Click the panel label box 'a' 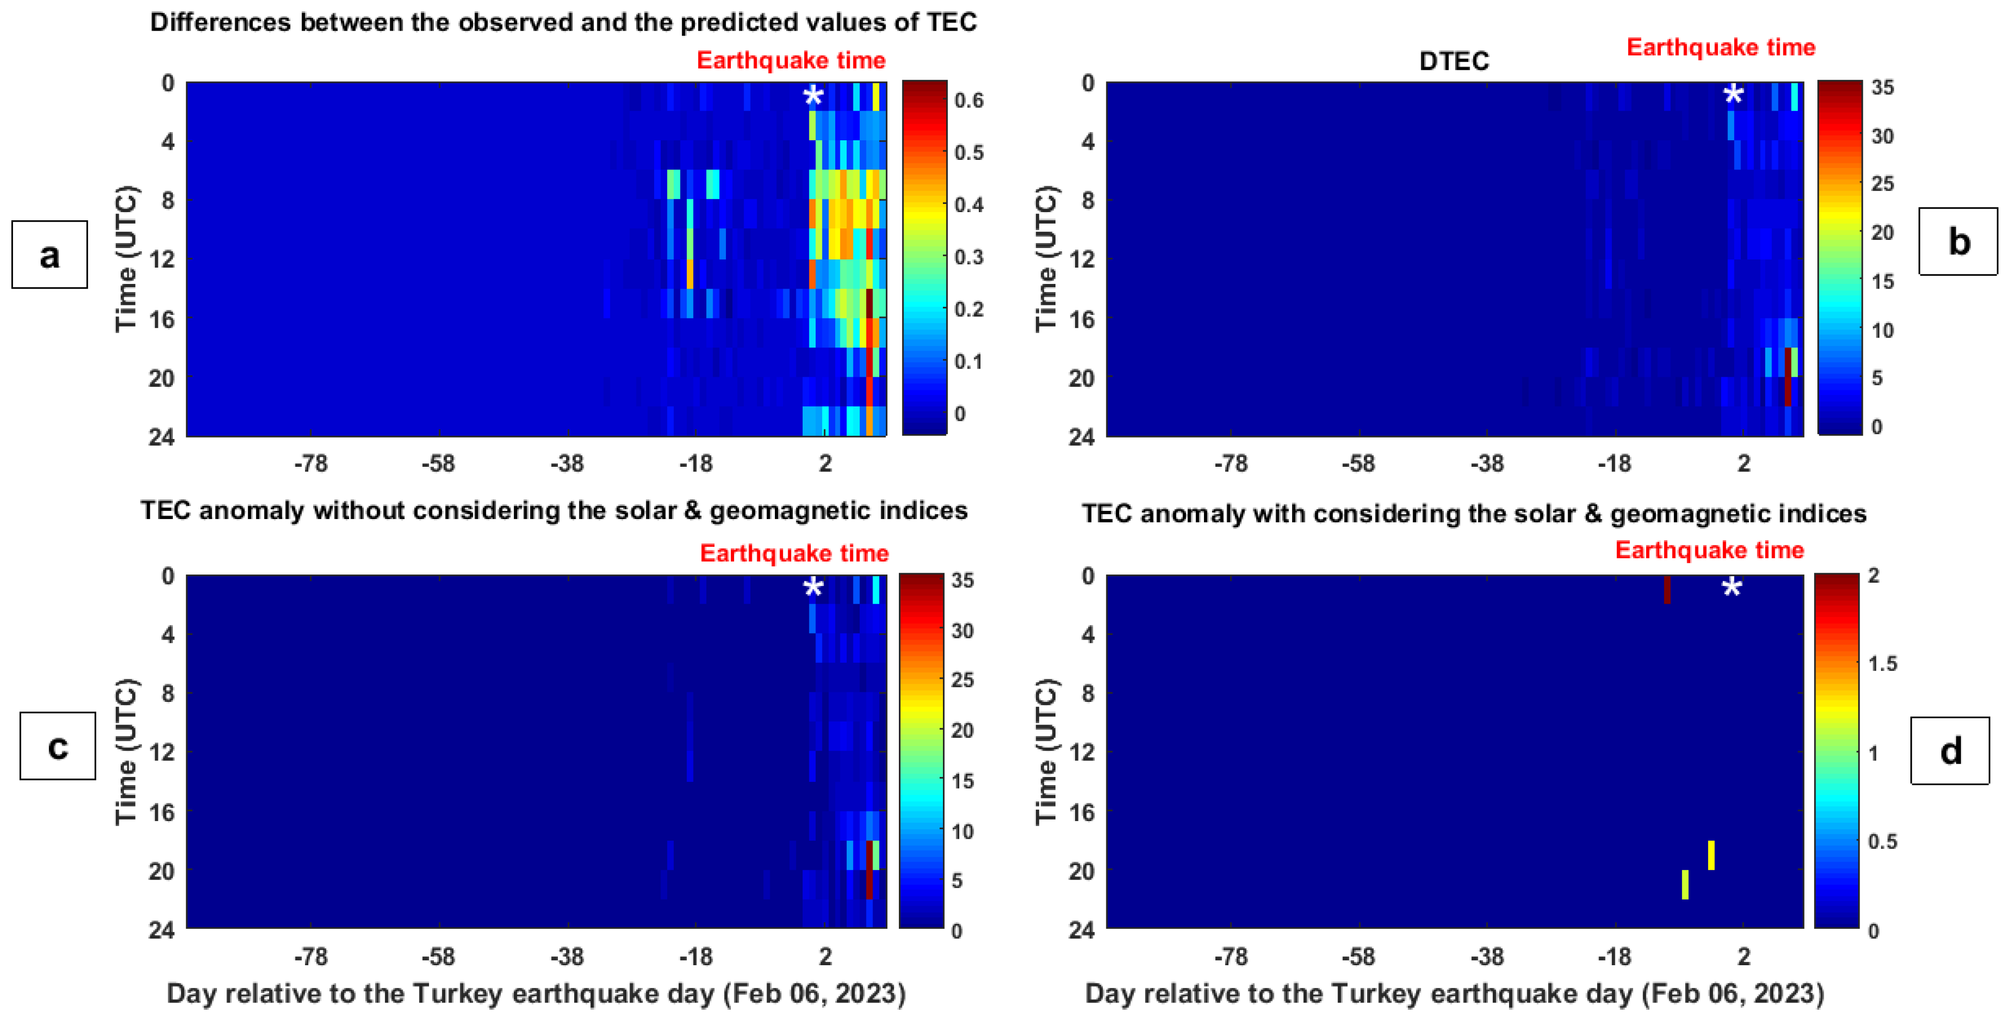pos(49,255)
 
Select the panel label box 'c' pos(57,746)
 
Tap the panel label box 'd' pos(1950,751)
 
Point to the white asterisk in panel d pos(1731,587)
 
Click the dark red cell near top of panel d pos(1667,589)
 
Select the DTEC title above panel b pos(1454,61)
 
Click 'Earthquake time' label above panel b pos(1720,47)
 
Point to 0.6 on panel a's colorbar pos(969,101)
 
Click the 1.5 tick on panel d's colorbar pos(1883,664)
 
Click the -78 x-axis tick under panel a pos(310,464)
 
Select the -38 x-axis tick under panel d pos(1486,957)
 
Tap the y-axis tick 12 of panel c pos(162,752)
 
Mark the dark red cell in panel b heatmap pos(1787,376)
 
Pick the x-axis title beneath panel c pos(536,994)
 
